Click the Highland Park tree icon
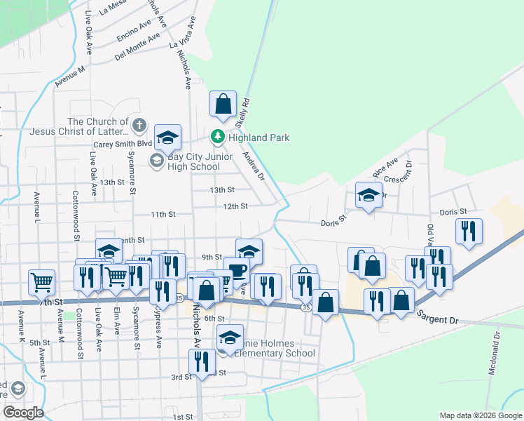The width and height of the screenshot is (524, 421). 218,137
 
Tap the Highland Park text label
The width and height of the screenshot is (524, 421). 259,138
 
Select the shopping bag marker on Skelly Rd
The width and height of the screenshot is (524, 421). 223,105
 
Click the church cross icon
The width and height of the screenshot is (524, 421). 139,126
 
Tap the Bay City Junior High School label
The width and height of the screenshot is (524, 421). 193,161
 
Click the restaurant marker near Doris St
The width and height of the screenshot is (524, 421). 468,230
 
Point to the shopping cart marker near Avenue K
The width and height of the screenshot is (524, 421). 42,282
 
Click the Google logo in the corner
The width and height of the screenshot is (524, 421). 24,412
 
